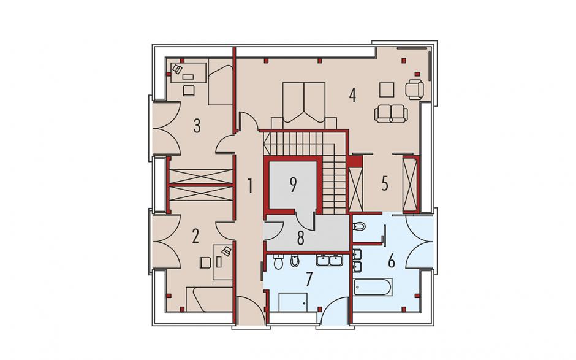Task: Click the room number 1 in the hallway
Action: click(x=250, y=186)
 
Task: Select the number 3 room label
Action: click(x=197, y=126)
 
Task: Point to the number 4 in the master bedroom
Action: click(x=352, y=95)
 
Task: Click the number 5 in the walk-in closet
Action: click(x=385, y=183)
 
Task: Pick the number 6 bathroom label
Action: click(x=391, y=261)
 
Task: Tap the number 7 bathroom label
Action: click(x=309, y=278)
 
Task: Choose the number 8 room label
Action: click(x=301, y=238)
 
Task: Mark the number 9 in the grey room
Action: click(x=293, y=185)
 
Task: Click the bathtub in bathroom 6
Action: click(x=373, y=287)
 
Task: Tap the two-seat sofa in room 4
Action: click(x=391, y=113)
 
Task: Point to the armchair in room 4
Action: click(x=415, y=90)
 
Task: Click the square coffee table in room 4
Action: click(x=387, y=90)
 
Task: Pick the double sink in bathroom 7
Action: click(x=330, y=259)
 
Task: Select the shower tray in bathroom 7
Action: click(x=293, y=302)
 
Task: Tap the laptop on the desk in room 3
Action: click(x=178, y=69)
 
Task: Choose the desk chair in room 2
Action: click(x=205, y=262)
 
